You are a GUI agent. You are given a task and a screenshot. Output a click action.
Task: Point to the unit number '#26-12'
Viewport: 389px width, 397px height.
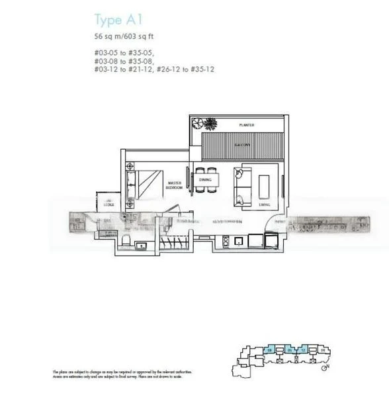[169, 69]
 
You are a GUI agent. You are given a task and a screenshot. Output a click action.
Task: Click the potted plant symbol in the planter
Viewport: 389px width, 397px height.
[209, 124]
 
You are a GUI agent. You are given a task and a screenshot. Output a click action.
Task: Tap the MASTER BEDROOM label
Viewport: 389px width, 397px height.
[175, 185]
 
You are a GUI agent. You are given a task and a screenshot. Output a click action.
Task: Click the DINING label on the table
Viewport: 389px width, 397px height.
[205, 179]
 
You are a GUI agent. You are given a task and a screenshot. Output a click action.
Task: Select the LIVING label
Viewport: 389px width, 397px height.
[265, 205]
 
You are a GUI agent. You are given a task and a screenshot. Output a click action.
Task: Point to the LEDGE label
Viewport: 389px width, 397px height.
[108, 204]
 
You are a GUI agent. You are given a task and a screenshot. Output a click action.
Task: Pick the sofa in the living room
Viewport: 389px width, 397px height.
[239, 185]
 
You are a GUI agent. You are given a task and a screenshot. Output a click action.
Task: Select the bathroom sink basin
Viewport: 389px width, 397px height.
[140, 246]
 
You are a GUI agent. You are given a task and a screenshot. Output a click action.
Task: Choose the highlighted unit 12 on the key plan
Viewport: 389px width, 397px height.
[303, 349]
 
